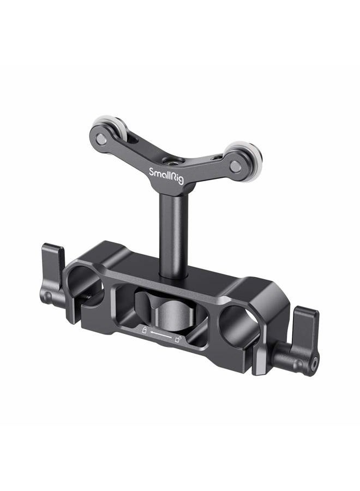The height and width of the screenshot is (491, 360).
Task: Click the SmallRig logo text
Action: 167,176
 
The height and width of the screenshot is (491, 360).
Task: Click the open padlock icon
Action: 178,340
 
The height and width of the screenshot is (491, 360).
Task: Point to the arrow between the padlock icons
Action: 161,335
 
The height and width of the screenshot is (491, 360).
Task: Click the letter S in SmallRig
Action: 152,172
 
